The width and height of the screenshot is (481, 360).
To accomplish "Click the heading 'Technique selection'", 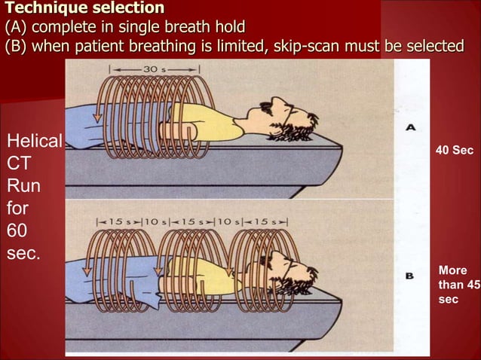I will pyautogui.click(x=84, y=9).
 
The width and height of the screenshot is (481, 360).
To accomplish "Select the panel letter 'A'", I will pyautogui.click(x=411, y=129).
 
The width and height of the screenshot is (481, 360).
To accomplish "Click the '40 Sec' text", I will pyautogui.click(x=455, y=151).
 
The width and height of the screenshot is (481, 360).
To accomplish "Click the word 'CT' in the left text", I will pyautogui.click(x=19, y=163).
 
